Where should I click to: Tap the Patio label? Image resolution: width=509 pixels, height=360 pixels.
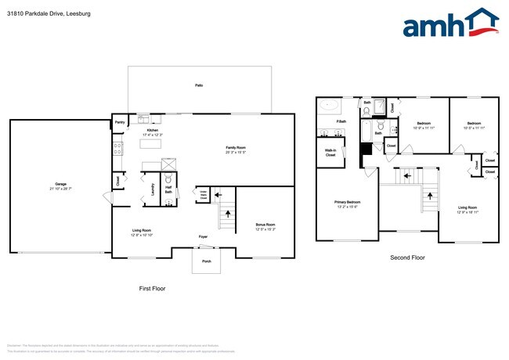coord(200,85)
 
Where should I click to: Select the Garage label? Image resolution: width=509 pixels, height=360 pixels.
coord(60,185)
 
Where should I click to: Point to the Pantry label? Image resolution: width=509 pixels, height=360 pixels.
coord(120,123)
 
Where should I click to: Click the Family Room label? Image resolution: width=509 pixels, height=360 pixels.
coord(236,148)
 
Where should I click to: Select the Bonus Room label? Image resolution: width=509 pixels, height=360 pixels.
coord(265,225)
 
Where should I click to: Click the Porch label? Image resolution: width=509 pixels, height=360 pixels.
coord(207,261)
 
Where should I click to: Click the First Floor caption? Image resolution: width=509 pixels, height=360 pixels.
coord(152,289)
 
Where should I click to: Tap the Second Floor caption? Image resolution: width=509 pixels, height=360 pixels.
coord(406,257)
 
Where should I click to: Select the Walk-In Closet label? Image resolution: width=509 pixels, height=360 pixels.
coord(330,153)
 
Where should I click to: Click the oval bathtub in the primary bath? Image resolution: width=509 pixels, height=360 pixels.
coord(329,104)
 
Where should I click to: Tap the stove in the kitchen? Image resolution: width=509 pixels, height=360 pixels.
coord(118,146)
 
